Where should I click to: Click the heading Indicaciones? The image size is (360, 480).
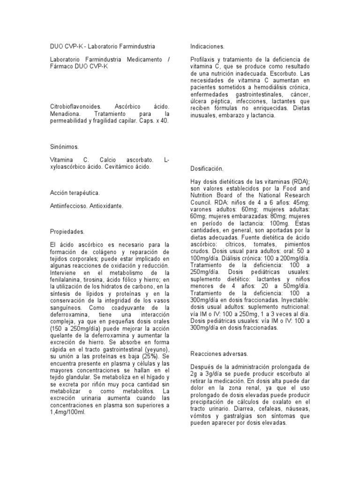pos(207,47)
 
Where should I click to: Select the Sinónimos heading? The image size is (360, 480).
pos(65,147)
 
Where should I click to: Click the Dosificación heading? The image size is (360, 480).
pos(207,168)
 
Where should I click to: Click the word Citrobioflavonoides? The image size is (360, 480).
pos(76,107)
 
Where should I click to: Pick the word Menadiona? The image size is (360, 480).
pos(65,114)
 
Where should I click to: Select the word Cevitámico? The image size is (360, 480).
pos(116,166)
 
